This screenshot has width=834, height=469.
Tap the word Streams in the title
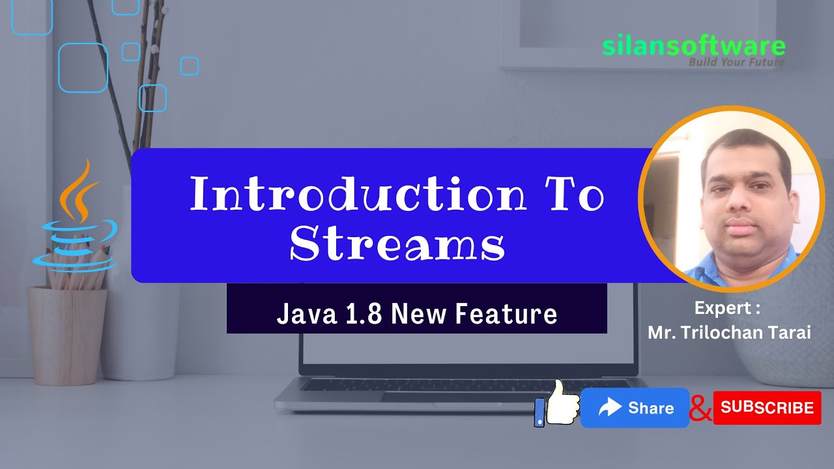397,246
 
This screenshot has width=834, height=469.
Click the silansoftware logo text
693,46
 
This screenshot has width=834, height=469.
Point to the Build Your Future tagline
736,63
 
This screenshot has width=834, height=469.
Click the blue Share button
635,408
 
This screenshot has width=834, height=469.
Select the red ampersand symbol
700,408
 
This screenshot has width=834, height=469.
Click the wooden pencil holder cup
67,335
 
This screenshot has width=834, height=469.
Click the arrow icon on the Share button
611,408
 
